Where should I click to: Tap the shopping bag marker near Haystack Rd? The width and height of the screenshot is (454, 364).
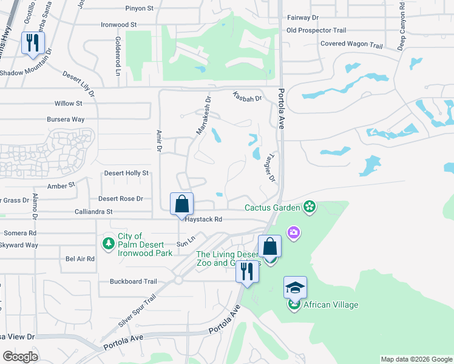[181, 204]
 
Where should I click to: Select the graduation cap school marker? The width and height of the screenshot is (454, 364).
[295, 288]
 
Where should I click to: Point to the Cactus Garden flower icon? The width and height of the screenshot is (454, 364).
[310, 207]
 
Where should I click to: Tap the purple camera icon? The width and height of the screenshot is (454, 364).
[293, 233]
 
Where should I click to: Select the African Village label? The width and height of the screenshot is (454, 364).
[331, 305]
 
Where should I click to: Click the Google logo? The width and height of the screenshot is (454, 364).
[20, 356]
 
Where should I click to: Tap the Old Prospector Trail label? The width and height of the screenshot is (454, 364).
[316, 30]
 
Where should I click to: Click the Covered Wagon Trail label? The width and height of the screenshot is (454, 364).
[351, 44]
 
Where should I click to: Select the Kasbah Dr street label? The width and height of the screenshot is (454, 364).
[246, 97]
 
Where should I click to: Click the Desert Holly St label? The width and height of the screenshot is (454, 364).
[126, 173]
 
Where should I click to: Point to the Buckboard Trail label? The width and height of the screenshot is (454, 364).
[134, 281]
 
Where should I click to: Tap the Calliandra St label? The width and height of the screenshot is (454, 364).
[93, 212]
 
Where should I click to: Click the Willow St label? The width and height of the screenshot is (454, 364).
[68, 104]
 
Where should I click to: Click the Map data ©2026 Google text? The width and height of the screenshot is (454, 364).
[416, 359]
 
